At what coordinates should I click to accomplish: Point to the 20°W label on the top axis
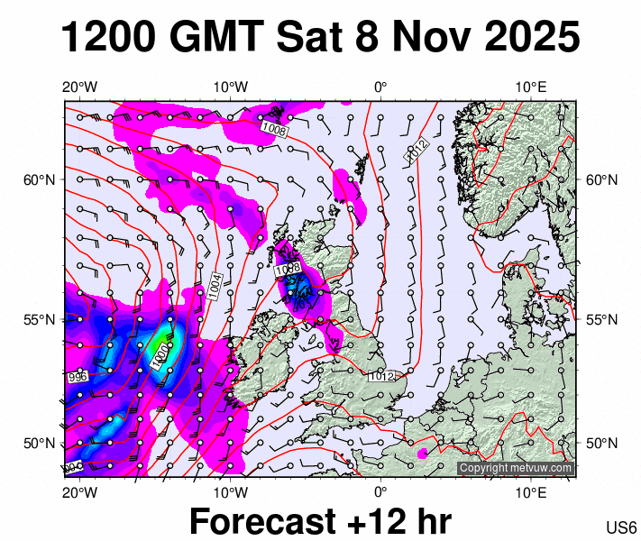(79, 87)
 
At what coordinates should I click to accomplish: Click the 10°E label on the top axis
(532, 87)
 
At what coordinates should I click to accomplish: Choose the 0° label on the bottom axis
(380, 491)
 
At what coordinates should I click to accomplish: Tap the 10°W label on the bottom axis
(231, 491)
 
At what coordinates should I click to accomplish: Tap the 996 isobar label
(77, 377)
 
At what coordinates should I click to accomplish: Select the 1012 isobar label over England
(381, 376)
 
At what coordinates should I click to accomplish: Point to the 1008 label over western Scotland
(288, 269)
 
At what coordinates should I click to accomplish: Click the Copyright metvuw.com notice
(515, 468)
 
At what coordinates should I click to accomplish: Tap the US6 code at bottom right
(622, 527)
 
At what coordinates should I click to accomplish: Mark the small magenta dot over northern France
(422, 453)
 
